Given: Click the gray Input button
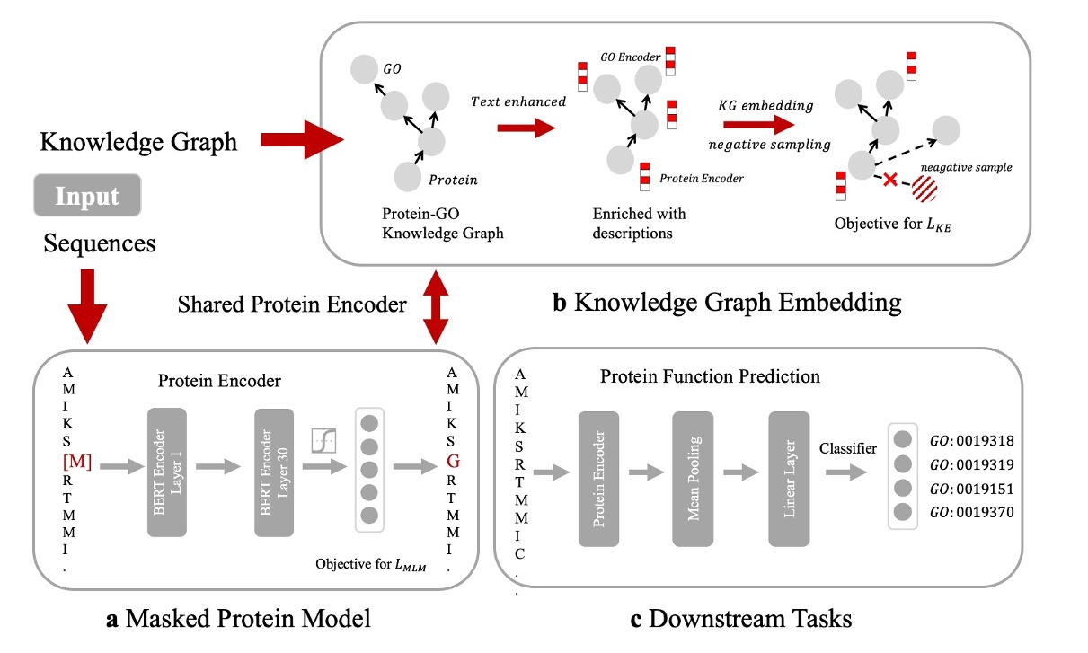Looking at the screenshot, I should [x=88, y=197].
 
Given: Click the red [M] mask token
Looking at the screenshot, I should [x=77, y=463].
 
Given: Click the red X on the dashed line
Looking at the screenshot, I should [x=889, y=181].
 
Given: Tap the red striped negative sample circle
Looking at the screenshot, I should [x=925, y=191].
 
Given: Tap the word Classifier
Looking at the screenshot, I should [x=848, y=447].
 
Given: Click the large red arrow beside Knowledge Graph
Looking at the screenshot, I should [x=304, y=140].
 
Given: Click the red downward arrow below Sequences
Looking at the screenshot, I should [x=88, y=308].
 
